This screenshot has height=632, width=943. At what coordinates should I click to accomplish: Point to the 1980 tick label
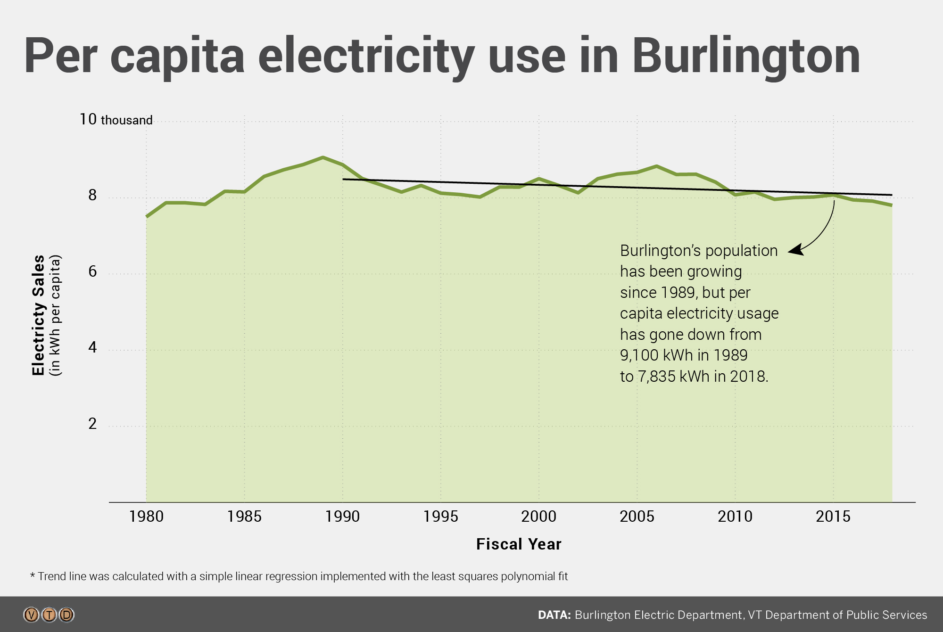pos(146,517)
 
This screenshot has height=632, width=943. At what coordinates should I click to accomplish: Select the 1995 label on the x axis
pos(440,517)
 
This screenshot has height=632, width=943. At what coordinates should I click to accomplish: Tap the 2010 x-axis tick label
pos(735,517)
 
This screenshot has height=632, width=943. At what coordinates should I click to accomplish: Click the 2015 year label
pos(833,517)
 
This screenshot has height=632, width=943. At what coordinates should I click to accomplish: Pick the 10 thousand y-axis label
pos(116,120)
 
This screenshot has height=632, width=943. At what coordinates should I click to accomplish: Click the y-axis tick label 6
pos(92,272)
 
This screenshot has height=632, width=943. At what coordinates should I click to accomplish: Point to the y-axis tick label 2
pos(92,424)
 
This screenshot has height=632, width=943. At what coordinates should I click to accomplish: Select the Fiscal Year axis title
pos(519,544)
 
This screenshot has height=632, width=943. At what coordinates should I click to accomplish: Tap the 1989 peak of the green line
pos(323,157)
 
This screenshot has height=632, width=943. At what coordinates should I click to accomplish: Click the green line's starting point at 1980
pos(147,216)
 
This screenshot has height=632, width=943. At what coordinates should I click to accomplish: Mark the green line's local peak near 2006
pos(656,166)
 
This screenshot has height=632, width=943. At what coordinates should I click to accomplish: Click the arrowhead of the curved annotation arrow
pos(794,251)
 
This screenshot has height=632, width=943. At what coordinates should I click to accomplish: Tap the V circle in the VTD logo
pos(32,615)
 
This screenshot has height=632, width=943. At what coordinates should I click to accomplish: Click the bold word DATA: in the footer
pos(554,615)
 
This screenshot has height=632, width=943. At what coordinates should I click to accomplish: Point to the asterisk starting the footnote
pos(33,575)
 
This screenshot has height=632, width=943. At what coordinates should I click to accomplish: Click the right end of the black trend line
pos(891,195)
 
